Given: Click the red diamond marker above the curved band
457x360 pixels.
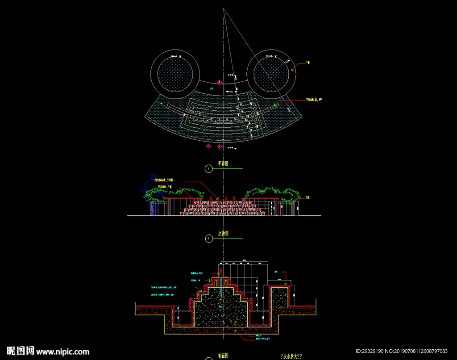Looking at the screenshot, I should pyautogui.click(x=219, y=82).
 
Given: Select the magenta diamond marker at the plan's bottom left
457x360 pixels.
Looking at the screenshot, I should pyautogui.click(x=208, y=147).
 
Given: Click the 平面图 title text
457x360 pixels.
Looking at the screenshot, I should pyautogui.click(x=223, y=164).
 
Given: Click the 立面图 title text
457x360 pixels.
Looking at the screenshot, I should pyautogui.click(x=223, y=234).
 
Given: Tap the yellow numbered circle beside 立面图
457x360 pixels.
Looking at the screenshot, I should pyautogui.click(x=208, y=239).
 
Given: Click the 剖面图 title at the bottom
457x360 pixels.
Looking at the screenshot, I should pyautogui.click(x=223, y=356).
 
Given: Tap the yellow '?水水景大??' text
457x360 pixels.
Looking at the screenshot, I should pyautogui.click(x=291, y=356).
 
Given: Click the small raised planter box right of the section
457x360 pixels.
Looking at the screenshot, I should pyautogui.click(x=280, y=297).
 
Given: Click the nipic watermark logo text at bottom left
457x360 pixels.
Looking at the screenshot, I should pyautogui.click(x=48, y=351).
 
